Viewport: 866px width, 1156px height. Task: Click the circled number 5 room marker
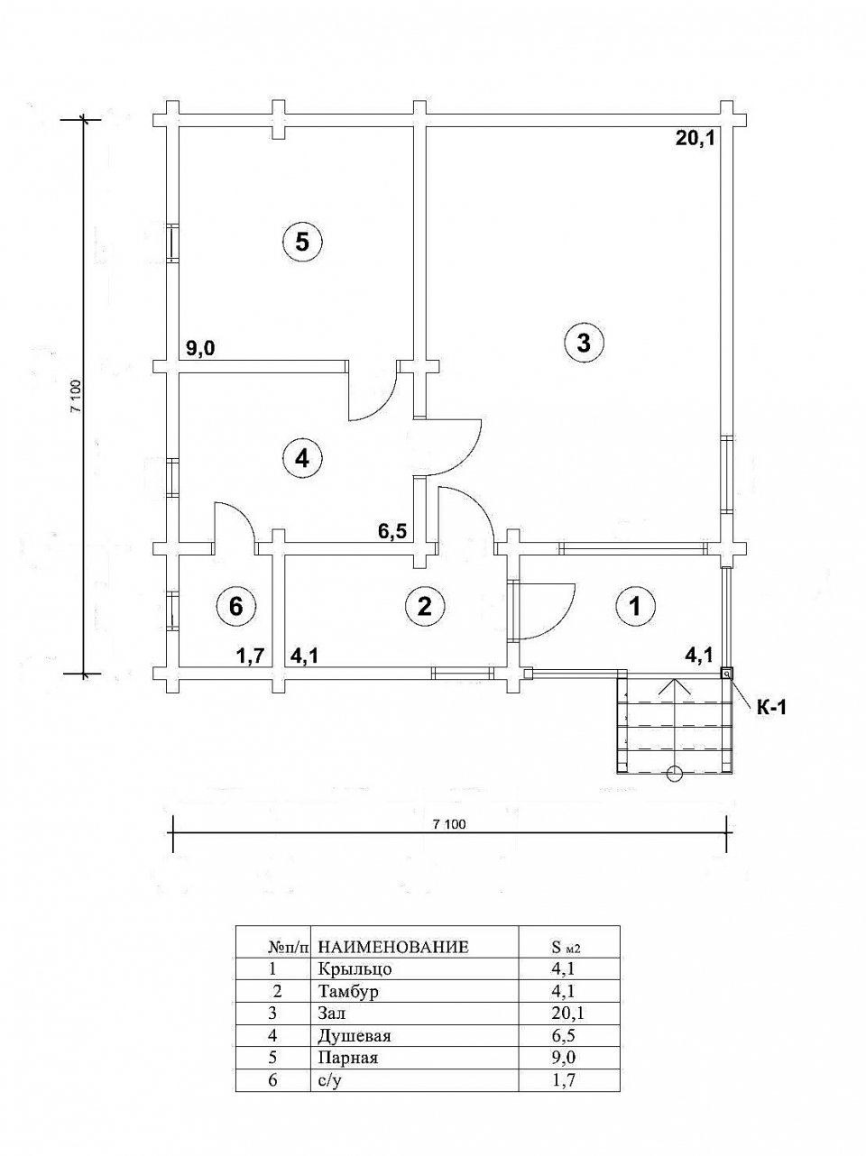click(302, 243)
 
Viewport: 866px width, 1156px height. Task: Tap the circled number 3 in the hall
click(584, 343)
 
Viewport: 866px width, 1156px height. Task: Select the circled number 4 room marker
click(302, 459)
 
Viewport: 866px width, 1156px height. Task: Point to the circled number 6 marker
click(236, 607)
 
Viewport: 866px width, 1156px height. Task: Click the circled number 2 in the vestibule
click(425, 607)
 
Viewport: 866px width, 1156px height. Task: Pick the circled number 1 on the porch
click(636, 607)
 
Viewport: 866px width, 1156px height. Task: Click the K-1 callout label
click(771, 708)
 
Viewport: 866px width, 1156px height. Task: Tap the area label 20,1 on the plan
click(695, 139)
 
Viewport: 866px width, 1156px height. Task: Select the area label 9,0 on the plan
click(200, 348)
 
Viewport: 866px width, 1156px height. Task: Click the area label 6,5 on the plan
click(392, 531)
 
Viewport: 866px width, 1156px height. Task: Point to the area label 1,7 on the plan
click(249, 656)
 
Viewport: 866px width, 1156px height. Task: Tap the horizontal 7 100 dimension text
click(449, 824)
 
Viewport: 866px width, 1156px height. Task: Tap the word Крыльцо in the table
click(355, 983)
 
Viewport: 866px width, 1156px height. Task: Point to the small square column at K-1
click(727, 674)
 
